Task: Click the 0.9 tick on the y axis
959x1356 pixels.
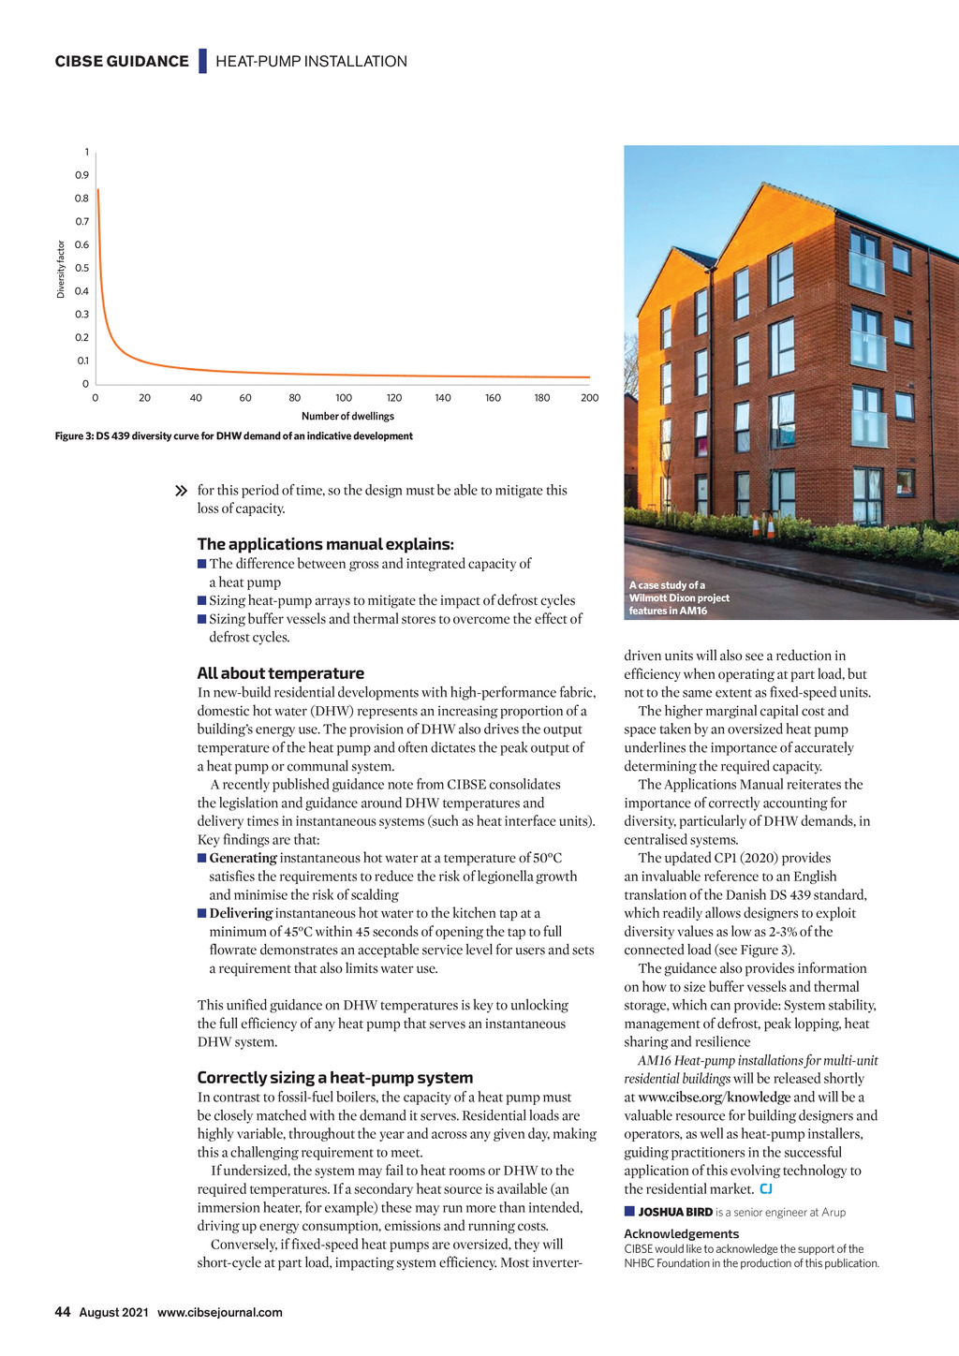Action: pyautogui.click(x=82, y=175)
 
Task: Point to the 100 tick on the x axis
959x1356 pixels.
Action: pyautogui.click(x=344, y=398)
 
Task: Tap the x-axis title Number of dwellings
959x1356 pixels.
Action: pyautogui.click(x=347, y=417)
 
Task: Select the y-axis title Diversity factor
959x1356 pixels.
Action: pyautogui.click(x=61, y=270)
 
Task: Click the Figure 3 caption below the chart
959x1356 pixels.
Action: pyautogui.click(x=233, y=436)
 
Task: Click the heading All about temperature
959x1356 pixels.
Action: pyautogui.click(x=280, y=673)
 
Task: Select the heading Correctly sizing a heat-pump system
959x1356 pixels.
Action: pyautogui.click(x=334, y=1078)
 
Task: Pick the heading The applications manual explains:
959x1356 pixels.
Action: pyautogui.click(x=325, y=544)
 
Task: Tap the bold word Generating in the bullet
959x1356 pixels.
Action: pyautogui.click(x=243, y=858)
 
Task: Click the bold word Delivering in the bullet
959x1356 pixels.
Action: pyautogui.click(x=241, y=913)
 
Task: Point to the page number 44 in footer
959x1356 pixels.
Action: pyautogui.click(x=63, y=1312)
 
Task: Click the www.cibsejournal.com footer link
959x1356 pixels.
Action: pyautogui.click(x=219, y=1313)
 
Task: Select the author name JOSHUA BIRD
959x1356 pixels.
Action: pyautogui.click(x=674, y=1213)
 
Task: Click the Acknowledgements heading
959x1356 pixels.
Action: pyautogui.click(x=681, y=1234)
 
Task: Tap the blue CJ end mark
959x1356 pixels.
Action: pyautogui.click(x=766, y=1189)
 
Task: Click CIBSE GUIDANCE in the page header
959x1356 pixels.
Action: pyautogui.click(x=122, y=62)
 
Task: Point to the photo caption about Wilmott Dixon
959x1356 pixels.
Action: pyautogui.click(x=678, y=598)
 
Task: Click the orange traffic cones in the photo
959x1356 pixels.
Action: pyautogui.click(x=763, y=526)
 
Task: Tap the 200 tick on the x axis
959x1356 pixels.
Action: pyautogui.click(x=589, y=398)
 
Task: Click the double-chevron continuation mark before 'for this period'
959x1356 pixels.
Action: pyautogui.click(x=182, y=491)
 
